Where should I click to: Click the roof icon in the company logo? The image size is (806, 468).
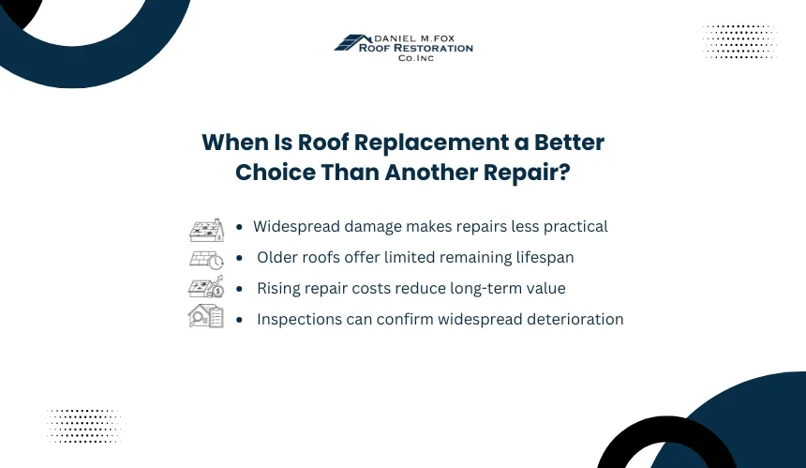point(352,43)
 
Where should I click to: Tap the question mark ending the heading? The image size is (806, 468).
point(564,172)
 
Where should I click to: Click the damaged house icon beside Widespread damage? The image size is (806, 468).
point(206,230)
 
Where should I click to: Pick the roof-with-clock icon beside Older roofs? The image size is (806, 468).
point(206,260)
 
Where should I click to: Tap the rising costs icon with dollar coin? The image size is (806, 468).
point(206,287)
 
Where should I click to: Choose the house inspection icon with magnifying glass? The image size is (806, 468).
point(206,316)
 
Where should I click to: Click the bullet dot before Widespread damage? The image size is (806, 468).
point(239,227)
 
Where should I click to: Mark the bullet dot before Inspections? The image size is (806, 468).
point(239,320)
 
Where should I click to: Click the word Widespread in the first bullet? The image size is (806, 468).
point(296,227)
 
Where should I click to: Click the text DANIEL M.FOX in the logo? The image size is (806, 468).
point(414,38)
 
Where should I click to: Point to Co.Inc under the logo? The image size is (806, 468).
point(416,58)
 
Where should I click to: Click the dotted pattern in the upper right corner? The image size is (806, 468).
point(739,41)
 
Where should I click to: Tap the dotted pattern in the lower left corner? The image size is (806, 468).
point(83,426)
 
